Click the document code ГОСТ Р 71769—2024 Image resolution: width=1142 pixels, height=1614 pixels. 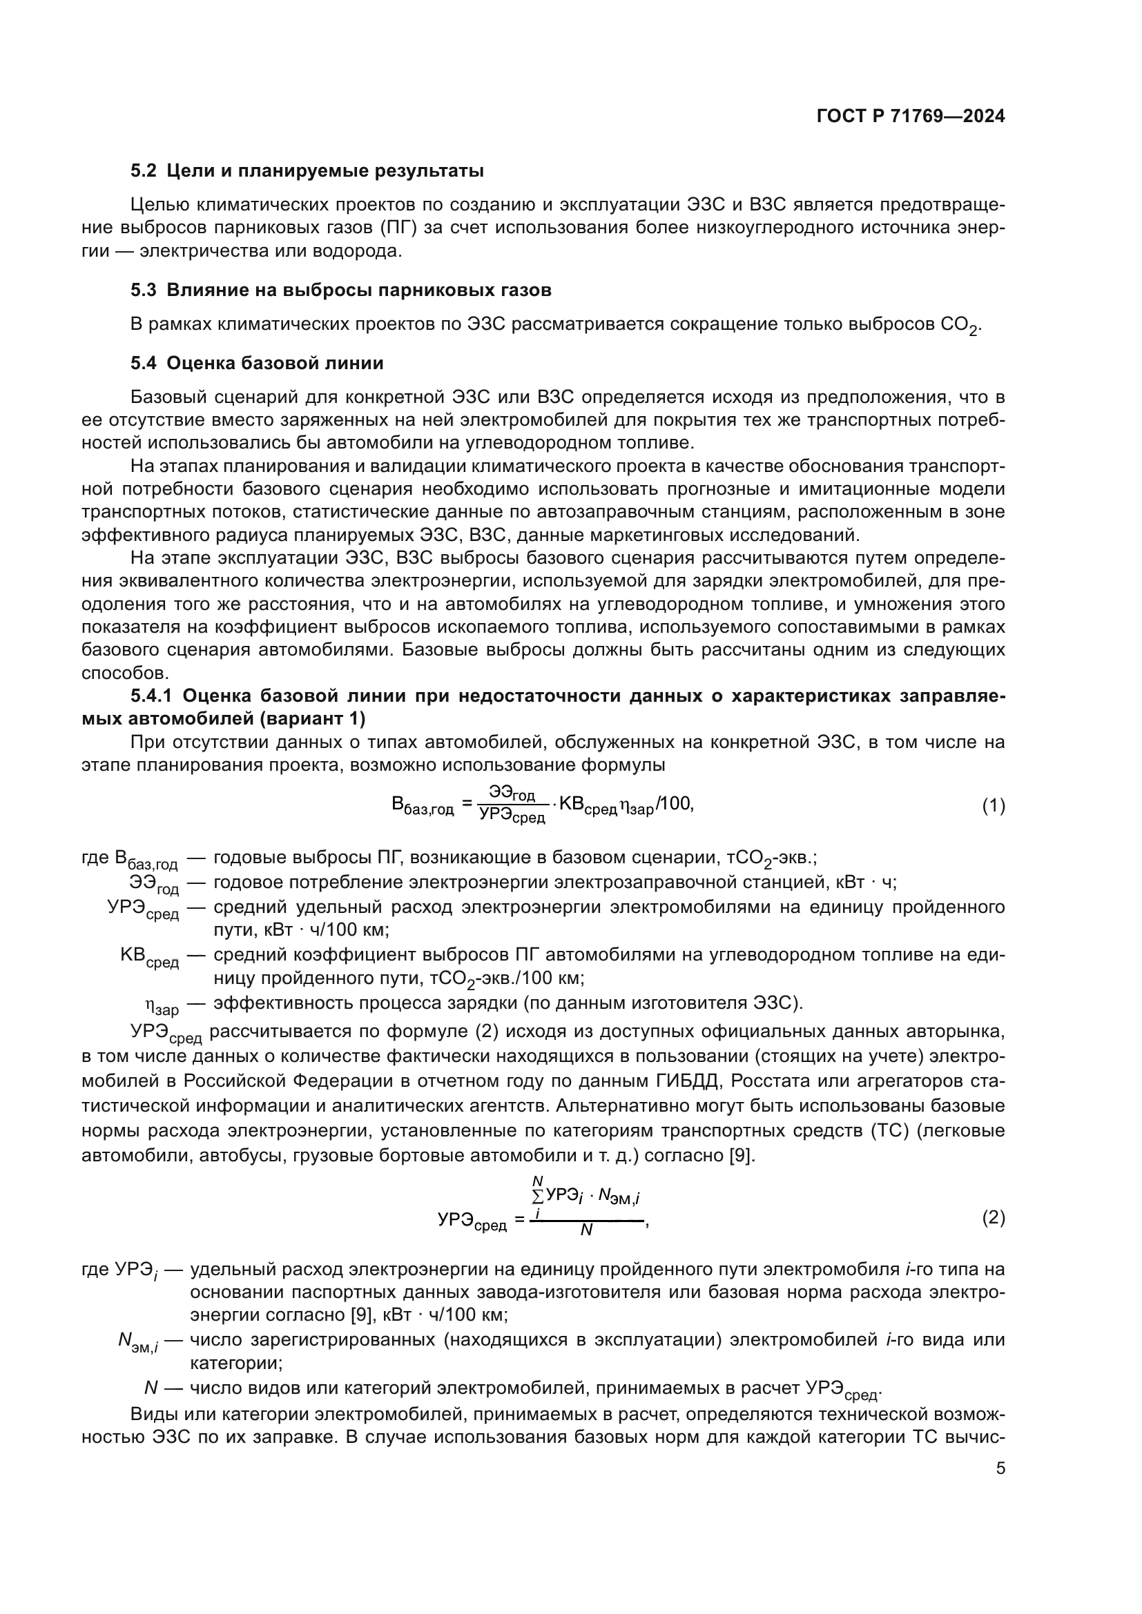910,117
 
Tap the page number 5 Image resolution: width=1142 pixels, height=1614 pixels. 1000,1468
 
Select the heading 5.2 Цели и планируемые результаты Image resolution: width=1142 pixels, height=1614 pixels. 307,171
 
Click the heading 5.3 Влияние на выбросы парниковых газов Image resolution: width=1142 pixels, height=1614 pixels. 341,291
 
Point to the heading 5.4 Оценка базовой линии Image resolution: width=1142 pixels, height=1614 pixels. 258,364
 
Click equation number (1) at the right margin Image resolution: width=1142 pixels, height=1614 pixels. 993,806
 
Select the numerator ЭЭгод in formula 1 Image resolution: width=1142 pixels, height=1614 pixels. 512,794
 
